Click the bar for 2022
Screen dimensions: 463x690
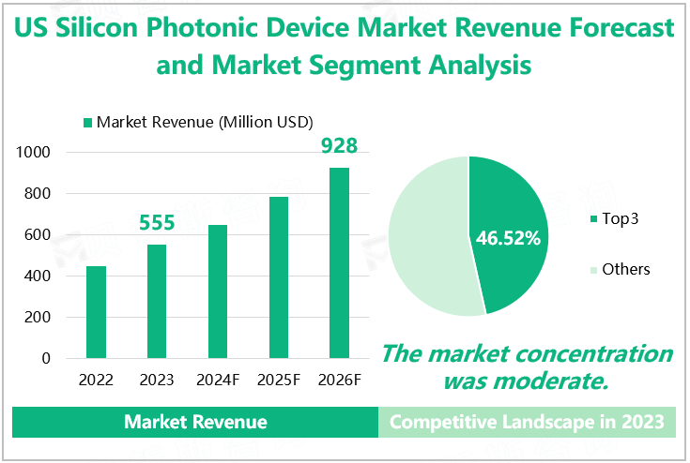pos(96,312)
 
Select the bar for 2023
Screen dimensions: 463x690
pos(157,301)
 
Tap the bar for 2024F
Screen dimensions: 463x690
pos(217,291)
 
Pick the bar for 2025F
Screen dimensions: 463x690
pos(278,277)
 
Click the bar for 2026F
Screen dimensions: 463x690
pos(339,262)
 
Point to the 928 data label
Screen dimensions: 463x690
pos(339,146)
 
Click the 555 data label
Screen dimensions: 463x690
pos(157,223)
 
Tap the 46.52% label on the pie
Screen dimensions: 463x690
pos(509,238)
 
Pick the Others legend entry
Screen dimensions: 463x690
pos(620,270)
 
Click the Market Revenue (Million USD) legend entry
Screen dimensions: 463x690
pos(198,122)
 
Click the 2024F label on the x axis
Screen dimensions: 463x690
pos(217,380)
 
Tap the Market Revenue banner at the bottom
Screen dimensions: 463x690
pos(195,422)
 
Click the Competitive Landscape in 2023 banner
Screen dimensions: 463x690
pos(527,422)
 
